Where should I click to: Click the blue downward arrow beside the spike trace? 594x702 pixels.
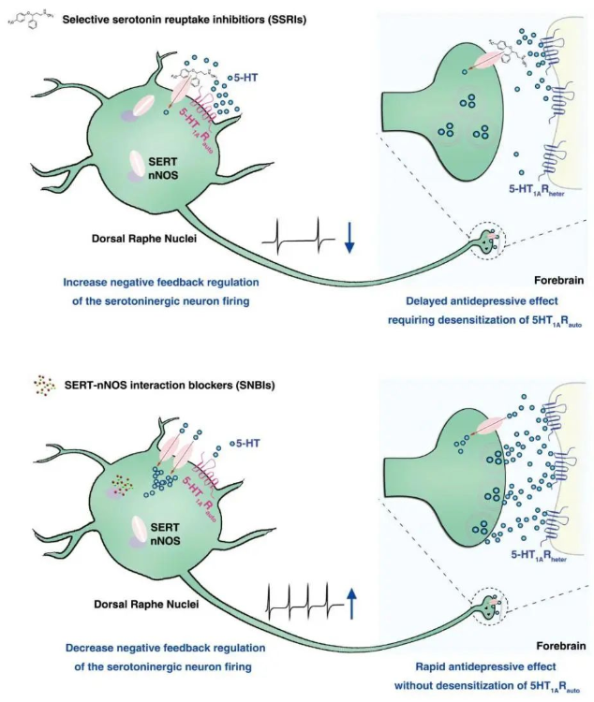349,237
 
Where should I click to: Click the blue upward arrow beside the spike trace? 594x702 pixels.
351,603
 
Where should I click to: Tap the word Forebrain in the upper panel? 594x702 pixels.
558,280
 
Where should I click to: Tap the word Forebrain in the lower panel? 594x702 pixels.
561,646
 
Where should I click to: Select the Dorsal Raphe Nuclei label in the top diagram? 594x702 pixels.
144,238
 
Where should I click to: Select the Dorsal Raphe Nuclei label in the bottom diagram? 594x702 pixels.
146,604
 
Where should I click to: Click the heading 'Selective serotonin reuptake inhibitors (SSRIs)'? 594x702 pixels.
185,20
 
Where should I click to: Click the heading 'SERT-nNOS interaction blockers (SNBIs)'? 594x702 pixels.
170,385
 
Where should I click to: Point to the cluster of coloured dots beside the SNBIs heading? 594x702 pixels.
44,386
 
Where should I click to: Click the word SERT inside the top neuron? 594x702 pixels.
163,162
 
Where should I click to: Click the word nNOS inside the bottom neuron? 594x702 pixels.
165,540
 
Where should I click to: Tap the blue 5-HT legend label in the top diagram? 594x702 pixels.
243,78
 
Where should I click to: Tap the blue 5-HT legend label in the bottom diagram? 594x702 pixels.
245,444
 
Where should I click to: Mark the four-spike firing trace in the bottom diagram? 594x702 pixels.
304,602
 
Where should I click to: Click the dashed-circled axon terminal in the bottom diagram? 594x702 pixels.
490,608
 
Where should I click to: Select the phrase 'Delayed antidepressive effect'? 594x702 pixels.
482,300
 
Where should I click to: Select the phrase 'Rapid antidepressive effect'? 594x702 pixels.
486,666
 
